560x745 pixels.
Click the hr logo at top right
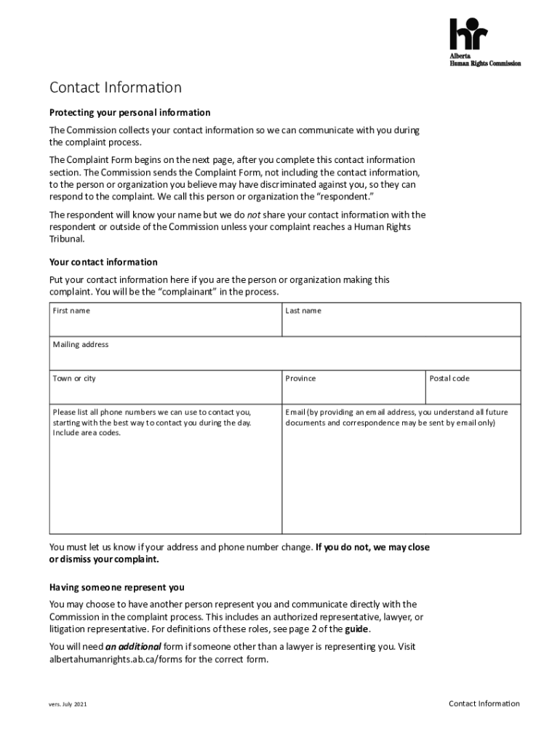[x=468, y=34]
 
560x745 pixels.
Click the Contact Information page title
[x=115, y=88]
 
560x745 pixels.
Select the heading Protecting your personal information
[x=129, y=113]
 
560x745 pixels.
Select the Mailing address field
[x=284, y=356]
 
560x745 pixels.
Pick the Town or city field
[x=165, y=389]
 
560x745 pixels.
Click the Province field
[x=353, y=389]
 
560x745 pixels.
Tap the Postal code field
[x=473, y=389]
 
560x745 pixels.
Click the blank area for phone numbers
[x=165, y=484]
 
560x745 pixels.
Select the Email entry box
[x=401, y=484]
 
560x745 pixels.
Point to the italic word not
[x=254, y=215]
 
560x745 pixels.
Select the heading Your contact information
[x=103, y=262]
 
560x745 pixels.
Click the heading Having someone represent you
[x=116, y=587]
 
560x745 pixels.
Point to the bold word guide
[x=382, y=629]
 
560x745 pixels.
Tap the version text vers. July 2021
[x=68, y=705]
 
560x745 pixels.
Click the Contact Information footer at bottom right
[x=484, y=704]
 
